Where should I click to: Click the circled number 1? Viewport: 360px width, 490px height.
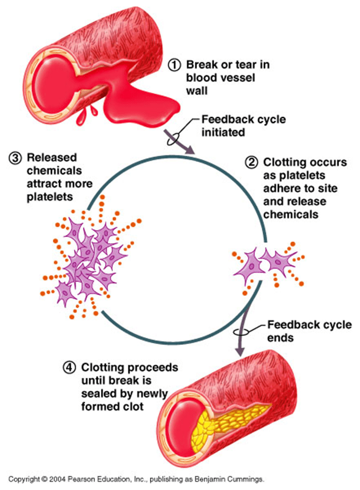174,65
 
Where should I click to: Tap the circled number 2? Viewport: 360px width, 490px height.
252,162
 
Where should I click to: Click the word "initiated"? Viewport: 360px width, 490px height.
223,133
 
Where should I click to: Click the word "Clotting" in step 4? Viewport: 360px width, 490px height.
103,367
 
